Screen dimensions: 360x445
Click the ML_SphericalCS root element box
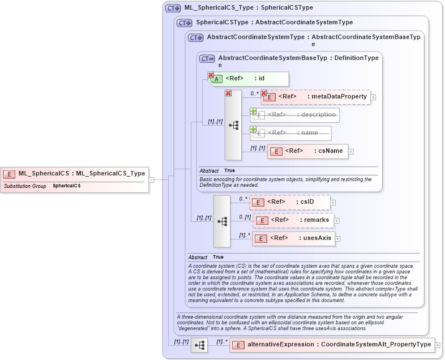[x=75, y=174]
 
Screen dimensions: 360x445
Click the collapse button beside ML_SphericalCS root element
[x=152, y=180]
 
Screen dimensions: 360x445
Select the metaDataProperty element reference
[x=315, y=97]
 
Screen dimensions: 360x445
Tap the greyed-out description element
[x=296, y=115]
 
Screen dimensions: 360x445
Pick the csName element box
[x=308, y=151]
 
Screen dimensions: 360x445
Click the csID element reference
[x=290, y=202]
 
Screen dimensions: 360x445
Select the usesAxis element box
[x=293, y=238]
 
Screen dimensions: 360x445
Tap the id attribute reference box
[x=249, y=79]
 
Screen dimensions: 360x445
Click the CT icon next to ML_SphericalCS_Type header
[x=173, y=8]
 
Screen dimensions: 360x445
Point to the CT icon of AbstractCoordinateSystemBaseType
[x=207, y=58]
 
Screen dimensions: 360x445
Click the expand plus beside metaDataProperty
[x=374, y=97]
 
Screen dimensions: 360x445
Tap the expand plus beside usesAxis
[x=337, y=239]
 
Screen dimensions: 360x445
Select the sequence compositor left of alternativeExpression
[x=199, y=345]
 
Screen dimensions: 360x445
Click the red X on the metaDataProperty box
[x=264, y=93]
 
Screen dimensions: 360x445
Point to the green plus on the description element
[x=254, y=111]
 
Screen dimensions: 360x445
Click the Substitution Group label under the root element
[x=25, y=186]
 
